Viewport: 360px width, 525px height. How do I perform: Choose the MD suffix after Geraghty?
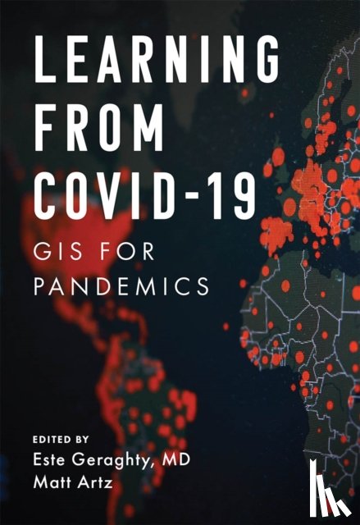[x=178, y=462]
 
